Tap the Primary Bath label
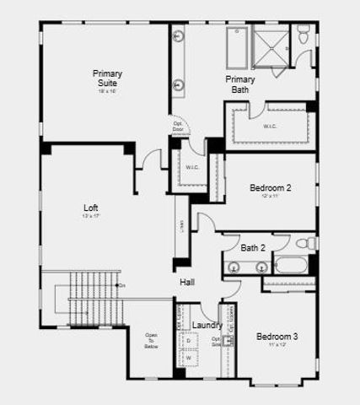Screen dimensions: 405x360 [x=240, y=84]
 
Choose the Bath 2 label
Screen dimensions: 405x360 [x=253, y=248]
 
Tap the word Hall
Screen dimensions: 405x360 [x=187, y=282]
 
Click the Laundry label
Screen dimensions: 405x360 [x=207, y=325]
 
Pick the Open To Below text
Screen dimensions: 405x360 [x=151, y=340]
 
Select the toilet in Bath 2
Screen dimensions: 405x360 [x=311, y=244]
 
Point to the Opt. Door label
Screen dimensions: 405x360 [x=178, y=127]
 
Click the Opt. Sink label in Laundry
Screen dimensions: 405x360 [x=217, y=343]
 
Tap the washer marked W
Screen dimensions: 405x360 [x=189, y=358]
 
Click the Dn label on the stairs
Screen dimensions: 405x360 [x=122, y=286]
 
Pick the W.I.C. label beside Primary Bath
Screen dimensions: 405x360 [x=271, y=127]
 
